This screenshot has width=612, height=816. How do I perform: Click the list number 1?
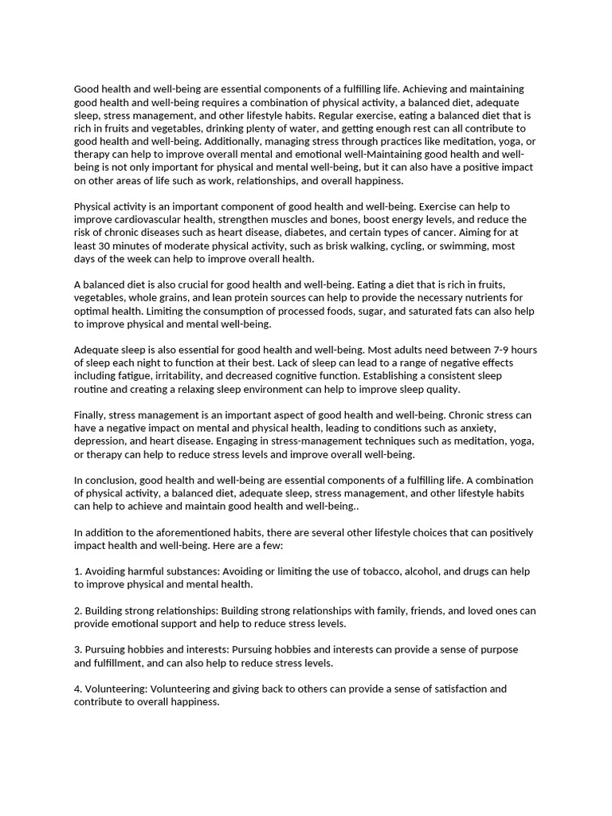pos(77,571)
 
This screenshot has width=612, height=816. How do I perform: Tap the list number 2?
pos(77,610)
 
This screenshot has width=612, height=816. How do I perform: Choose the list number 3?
pos(77,649)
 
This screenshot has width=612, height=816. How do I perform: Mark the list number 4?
pos(77,688)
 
